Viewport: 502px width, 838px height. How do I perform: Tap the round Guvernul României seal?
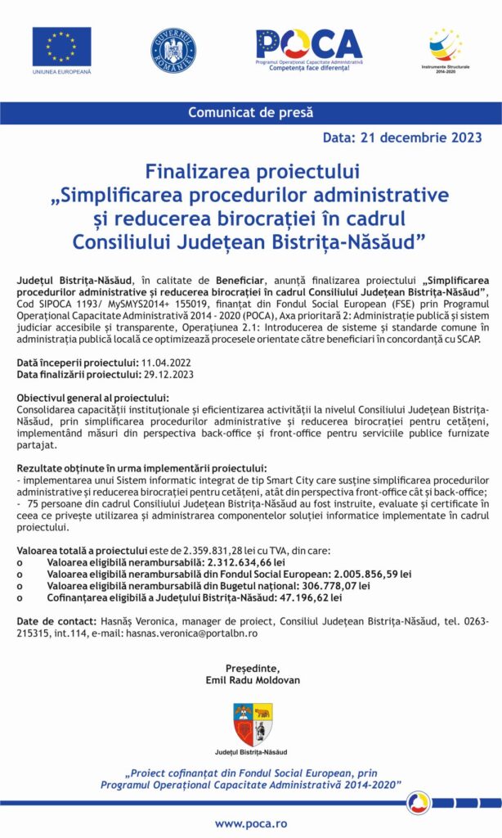tap(173, 50)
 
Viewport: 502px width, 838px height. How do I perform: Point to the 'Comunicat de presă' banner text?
tap(251, 113)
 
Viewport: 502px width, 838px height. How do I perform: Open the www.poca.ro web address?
tap(251, 822)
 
